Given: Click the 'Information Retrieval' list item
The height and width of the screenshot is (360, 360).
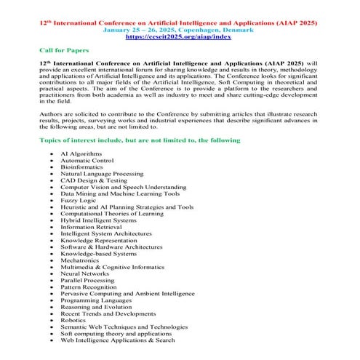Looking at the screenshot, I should pyautogui.click(x=91, y=227).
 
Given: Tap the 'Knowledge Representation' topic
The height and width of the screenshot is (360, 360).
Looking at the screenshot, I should pyautogui.click(x=98, y=240).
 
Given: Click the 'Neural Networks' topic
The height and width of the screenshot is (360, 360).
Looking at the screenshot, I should pyautogui.click(x=84, y=273).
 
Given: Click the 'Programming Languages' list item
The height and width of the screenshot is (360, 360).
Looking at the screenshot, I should pyautogui.click(x=94, y=300).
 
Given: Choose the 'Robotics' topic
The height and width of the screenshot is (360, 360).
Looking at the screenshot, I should pyautogui.click(x=73, y=319).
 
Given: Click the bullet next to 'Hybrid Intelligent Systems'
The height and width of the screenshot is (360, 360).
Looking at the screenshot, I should pyautogui.click(x=52, y=220).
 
